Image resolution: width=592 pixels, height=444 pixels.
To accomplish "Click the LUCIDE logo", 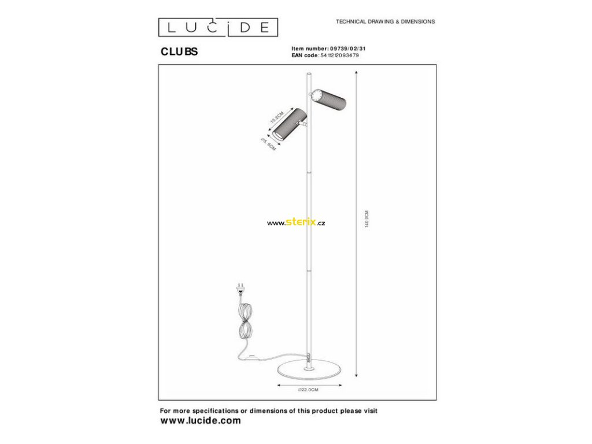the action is (219, 27).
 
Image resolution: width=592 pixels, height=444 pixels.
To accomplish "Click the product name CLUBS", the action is (179, 51).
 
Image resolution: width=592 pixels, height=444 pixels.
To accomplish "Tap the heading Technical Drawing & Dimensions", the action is (385, 21).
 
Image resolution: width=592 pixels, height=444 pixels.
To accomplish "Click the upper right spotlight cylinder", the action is (330, 101).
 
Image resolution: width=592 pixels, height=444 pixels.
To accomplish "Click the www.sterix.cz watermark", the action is (295, 223).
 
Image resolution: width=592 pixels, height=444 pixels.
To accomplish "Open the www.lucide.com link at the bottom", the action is (200, 421).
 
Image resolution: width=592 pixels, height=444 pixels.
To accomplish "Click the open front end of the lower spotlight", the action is (277, 135).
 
